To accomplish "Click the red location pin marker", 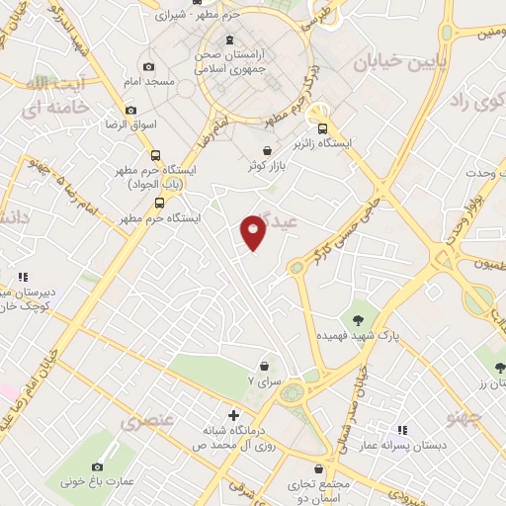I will (253, 230).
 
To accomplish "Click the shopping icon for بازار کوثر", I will (267, 149).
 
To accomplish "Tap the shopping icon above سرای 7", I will (264, 365).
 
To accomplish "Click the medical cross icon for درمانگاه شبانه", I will (233, 415).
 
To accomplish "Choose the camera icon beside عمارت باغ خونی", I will (96, 465).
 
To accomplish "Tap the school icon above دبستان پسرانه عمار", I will (402, 430).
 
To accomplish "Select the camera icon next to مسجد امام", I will (148, 66).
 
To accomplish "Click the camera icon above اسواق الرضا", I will (130, 111).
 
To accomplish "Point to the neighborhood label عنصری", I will (148, 421).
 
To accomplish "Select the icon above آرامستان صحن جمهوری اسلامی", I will (229, 41).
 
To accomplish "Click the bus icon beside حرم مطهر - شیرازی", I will (160, 15).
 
